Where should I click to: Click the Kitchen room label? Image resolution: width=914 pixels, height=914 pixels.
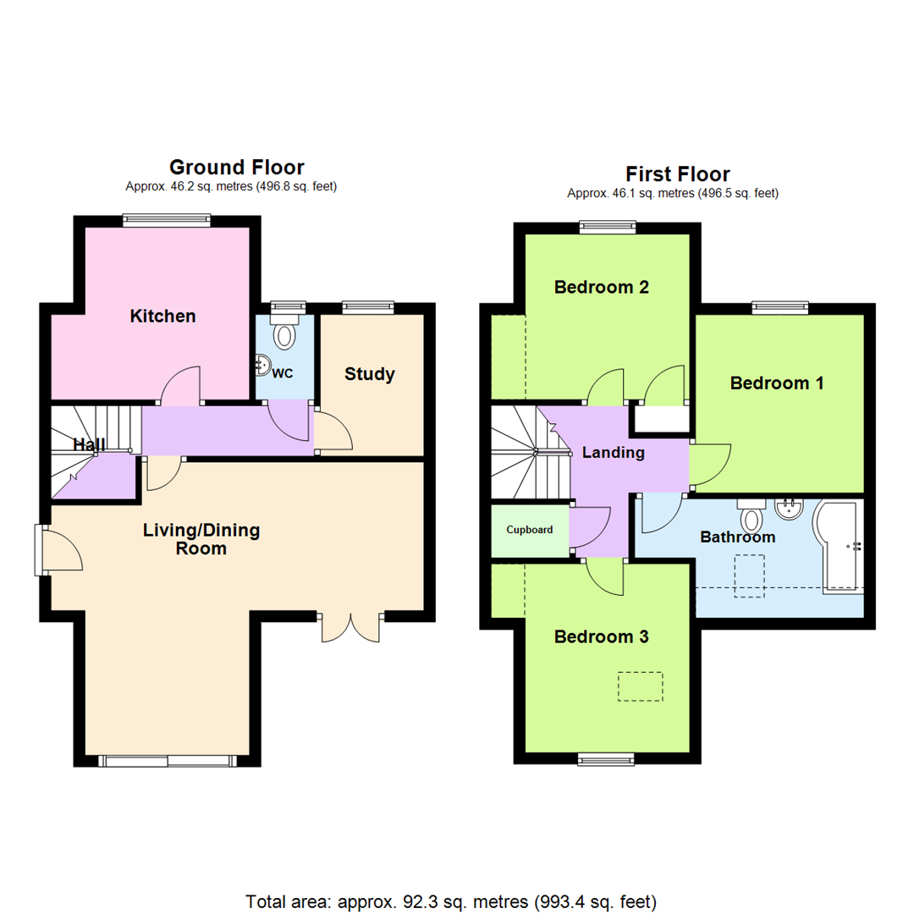tap(162, 317)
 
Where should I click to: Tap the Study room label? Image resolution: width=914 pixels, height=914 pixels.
tap(369, 374)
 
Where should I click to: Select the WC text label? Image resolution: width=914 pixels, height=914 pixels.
tap(284, 373)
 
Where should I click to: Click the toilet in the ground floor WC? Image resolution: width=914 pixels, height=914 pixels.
tap(284, 333)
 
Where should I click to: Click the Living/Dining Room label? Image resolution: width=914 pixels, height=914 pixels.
tap(201, 539)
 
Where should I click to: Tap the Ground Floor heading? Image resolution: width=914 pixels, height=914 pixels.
tap(236, 167)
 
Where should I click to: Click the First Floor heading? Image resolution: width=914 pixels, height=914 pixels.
tap(677, 174)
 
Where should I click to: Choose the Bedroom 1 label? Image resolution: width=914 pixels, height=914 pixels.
tap(777, 383)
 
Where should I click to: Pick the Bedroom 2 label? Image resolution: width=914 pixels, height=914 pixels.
tap(601, 287)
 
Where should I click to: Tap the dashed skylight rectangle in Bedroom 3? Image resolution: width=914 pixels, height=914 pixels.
tap(640, 686)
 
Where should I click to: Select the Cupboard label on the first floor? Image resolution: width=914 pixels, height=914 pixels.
tap(530, 531)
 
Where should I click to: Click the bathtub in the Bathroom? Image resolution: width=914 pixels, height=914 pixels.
tap(838, 547)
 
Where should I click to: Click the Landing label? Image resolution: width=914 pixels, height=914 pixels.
tap(613, 453)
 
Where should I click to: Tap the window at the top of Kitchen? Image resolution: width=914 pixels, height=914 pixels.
tap(166, 221)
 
